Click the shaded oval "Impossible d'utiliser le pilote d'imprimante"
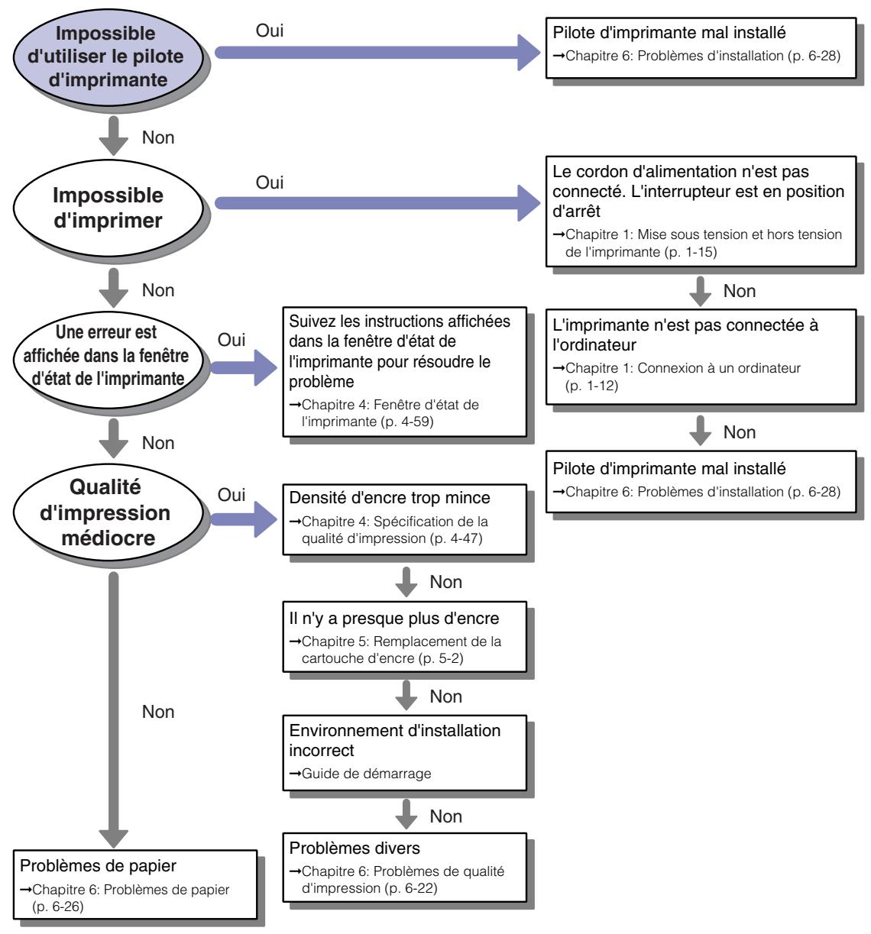point(108,57)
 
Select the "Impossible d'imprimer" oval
point(108,208)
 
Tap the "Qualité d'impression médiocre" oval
point(108,512)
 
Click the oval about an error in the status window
point(108,360)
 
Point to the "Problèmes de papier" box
point(135,884)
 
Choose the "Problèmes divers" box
point(404,868)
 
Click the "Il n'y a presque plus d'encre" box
point(404,636)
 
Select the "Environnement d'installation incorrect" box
point(404,753)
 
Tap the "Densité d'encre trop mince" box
point(404,519)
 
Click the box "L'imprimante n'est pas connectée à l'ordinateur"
point(701,357)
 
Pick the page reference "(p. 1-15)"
point(691,252)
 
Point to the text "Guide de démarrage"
point(366,774)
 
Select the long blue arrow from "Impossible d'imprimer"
point(377,202)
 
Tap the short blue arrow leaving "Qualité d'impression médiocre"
point(244,519)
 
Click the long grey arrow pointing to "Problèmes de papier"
point(113,710)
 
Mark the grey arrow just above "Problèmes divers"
point(406,813)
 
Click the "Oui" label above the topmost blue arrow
point(269,31)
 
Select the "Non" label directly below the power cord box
point(740,291)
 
